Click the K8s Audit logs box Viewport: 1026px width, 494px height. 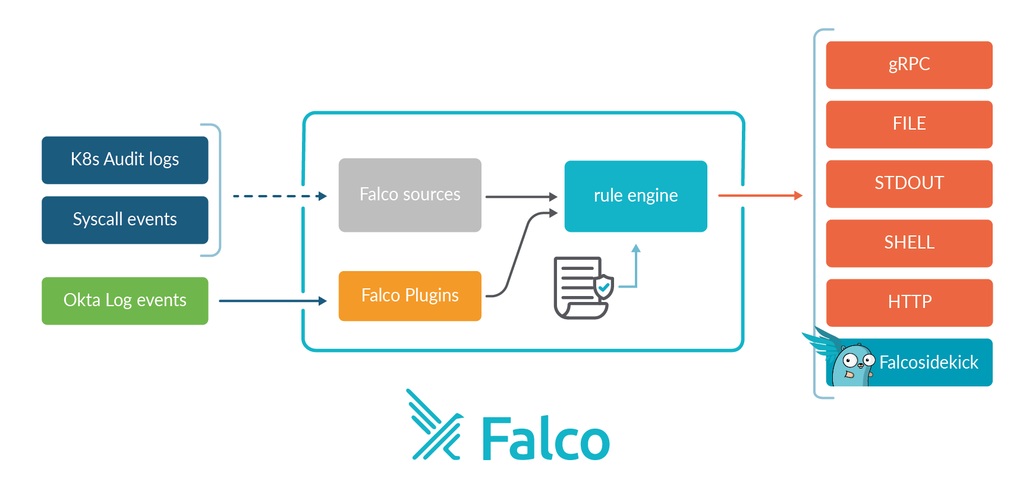point(125,159)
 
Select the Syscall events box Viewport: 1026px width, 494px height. point(125,219)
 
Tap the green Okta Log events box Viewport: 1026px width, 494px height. point(125,300)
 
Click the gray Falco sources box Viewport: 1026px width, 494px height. point(410,194)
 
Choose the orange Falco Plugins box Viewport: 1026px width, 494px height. point(410,295)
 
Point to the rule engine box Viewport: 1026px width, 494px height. point(635,196)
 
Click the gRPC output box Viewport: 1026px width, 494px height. point(909,64)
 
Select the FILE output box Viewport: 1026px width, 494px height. point(909,124)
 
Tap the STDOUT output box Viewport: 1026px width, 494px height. point(909,183)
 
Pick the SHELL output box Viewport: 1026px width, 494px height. point(909,243)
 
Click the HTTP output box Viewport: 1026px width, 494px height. point(909,302)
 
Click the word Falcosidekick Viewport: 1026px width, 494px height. point(929,363)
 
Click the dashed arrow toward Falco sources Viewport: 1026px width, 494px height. point(279,196)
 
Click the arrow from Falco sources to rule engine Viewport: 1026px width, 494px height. point(521,196)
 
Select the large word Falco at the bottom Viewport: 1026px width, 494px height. point(545,439)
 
